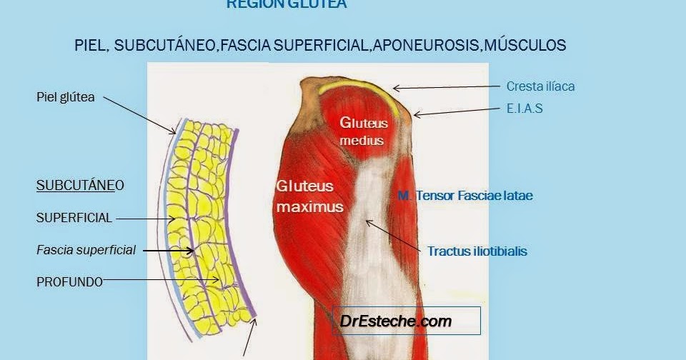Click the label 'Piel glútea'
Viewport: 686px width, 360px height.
65,97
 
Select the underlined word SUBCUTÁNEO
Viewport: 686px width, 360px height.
80,186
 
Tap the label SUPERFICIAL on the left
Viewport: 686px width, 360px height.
74,218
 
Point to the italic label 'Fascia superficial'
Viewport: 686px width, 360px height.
86,251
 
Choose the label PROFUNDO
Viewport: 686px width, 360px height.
69,282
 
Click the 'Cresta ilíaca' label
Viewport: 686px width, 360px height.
540,86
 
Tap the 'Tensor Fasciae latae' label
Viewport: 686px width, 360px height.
465,195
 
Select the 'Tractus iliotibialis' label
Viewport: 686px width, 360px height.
477,251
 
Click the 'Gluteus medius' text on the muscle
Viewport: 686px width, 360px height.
362,131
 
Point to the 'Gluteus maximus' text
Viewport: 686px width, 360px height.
309,196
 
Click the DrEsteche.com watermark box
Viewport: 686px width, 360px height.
406,321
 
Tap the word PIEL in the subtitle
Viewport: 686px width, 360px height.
91,45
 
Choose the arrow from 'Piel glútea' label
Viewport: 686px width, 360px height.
143,115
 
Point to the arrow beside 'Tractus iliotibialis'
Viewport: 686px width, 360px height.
393,236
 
